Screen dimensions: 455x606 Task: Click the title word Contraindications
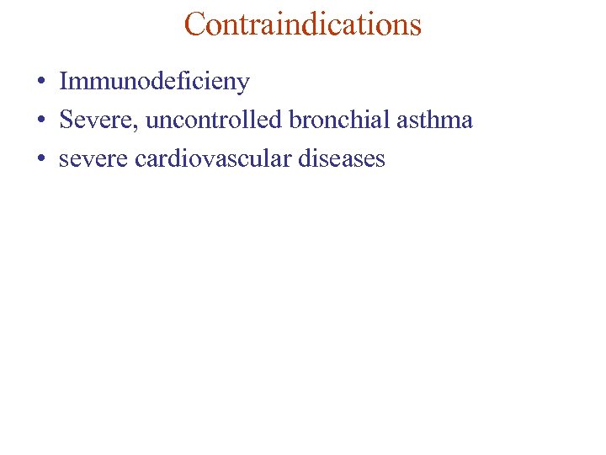[302, 24]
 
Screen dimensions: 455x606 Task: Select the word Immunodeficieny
[154, 82]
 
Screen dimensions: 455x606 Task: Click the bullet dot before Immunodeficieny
[40, 83]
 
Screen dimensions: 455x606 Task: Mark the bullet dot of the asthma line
[40, 120]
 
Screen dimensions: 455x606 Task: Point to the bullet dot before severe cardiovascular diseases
[40, 159]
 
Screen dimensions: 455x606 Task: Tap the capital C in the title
[195, 24]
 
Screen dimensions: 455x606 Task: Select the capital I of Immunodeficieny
[64, 82]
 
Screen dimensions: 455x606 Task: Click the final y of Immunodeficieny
[243, 84]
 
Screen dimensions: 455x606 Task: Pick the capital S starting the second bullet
[66, 120]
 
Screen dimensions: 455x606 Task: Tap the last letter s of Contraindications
[415, 26]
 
